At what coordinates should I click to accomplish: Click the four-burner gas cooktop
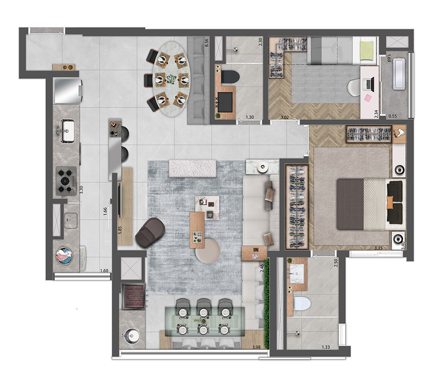pos(66,180)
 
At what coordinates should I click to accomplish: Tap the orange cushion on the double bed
pos(389,202)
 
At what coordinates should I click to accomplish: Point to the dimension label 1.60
pos(104,271)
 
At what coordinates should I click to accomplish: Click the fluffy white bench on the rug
pos(193,168)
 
